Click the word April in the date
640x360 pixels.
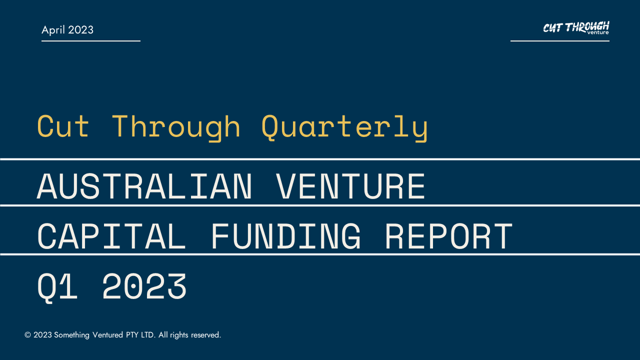pos(53,30)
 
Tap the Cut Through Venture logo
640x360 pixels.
pos(576,27)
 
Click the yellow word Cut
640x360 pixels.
pos(63,126)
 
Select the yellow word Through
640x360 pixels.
pos(175,127)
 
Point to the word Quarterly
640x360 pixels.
pos(344,127)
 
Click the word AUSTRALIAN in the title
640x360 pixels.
pos(144,186)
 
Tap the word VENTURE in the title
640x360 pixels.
pos(351,186)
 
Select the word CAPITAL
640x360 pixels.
pos(111,236)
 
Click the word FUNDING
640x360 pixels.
pos(286,236)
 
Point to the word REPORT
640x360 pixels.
pos(449,236)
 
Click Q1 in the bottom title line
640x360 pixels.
pos(57,287)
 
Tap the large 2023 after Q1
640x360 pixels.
pos(144,286)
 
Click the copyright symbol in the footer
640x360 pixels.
pos(27,335)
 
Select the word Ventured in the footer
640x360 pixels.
pos(107,335)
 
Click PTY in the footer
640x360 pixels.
pos(132,335)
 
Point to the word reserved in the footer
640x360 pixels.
pos(206,335)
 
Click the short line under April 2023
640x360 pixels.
pos(91,41)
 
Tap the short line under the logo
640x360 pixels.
pos(560,41)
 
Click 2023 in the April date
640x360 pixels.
pos(80,30)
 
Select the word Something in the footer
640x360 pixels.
pos(71,335)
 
